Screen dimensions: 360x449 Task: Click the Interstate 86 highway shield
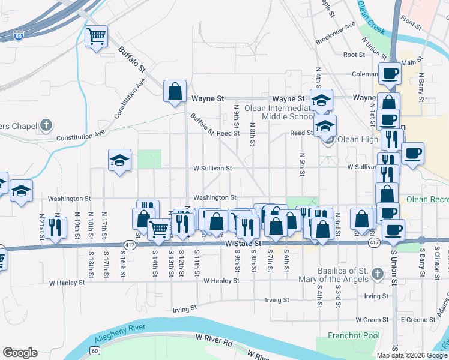coord(20,35)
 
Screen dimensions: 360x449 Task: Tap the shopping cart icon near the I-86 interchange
coord(96,37)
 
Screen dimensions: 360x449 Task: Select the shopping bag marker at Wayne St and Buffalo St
coord(175,92)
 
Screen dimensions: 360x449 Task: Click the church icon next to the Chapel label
coord(47,125)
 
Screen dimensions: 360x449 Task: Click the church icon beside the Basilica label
coord(377,274)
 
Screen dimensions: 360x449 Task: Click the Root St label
coord(354,55)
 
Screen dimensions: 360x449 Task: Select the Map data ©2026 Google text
coord(411,355)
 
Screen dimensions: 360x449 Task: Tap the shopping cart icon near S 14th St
coord(159,229)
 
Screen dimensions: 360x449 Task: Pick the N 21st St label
coord(42,223)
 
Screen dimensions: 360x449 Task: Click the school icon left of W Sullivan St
coord(119,160)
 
